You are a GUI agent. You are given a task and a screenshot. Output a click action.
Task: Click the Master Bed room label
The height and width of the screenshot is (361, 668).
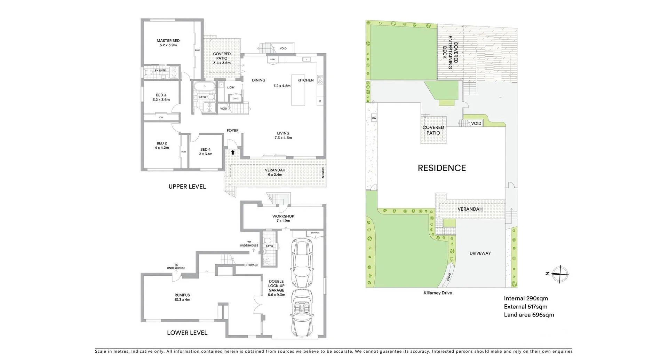click(168, 43)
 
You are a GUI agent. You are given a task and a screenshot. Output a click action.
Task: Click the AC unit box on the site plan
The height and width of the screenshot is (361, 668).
click(374, 118)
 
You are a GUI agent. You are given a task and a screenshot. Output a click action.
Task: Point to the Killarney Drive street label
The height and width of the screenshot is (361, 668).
click(437, 293)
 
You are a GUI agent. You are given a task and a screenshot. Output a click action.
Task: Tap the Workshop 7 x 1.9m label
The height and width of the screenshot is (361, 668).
click(283, 218)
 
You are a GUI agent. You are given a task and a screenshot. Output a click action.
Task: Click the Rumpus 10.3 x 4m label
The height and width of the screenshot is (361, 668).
click(182, 297)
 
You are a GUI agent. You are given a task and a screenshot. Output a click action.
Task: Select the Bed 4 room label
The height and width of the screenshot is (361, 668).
click(205, 152)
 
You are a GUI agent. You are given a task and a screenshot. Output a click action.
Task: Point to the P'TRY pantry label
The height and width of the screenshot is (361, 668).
click(273, 60)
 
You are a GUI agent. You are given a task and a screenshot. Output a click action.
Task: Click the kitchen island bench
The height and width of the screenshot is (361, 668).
click(298, 90)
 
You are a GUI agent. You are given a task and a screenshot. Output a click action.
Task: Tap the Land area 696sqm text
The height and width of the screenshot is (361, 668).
click(529, 315)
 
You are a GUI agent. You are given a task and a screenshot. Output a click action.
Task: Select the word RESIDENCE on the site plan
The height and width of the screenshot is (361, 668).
click(442, 168)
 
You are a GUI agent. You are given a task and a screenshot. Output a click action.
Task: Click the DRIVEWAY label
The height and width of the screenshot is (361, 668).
click(480, 253)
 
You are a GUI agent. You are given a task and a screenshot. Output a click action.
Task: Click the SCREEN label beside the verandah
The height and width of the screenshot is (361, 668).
click(323, 173)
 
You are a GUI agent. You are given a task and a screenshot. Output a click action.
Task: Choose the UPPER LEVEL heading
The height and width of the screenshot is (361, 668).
click(187, 187)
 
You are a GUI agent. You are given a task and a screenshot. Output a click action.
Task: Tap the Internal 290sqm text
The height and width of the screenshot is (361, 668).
click(526, 298)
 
